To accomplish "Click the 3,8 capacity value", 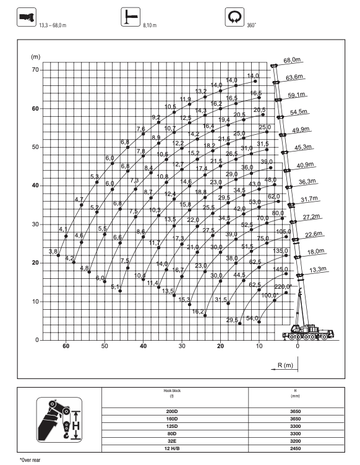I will (x=53, y=251).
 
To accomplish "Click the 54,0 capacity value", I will (x=252, y=318).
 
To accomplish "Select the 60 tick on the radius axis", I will (x=66, y=347).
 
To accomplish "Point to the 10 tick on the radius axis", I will (x=259, y=347).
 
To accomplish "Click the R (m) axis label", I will (x=285, y=365).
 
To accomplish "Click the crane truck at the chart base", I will (x=308, y=333).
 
